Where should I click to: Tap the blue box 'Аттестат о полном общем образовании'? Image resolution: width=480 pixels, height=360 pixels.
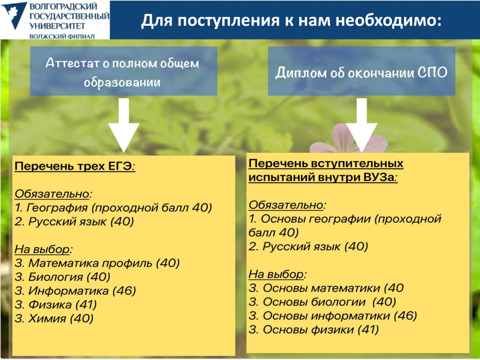(123, 72)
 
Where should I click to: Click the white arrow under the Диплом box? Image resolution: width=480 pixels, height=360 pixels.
(361, 124)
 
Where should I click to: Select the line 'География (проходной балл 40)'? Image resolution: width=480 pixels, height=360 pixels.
(113, 207)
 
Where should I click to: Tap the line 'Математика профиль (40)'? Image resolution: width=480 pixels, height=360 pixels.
(97, 263)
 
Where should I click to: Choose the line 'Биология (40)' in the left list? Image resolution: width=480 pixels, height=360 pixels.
(63, 277)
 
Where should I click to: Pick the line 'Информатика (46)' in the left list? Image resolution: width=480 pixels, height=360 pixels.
(75, 291)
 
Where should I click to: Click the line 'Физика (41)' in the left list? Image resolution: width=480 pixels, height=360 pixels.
(56, 305)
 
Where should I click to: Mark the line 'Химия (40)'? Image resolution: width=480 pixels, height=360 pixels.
(54, 319)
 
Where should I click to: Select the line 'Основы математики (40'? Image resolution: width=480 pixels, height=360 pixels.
(326, 288)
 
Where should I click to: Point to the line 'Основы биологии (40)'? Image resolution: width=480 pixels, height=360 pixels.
(322, 302)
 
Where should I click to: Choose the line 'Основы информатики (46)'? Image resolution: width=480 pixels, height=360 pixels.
(333, 316)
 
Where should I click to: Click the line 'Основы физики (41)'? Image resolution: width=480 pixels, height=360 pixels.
(314, 330)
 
